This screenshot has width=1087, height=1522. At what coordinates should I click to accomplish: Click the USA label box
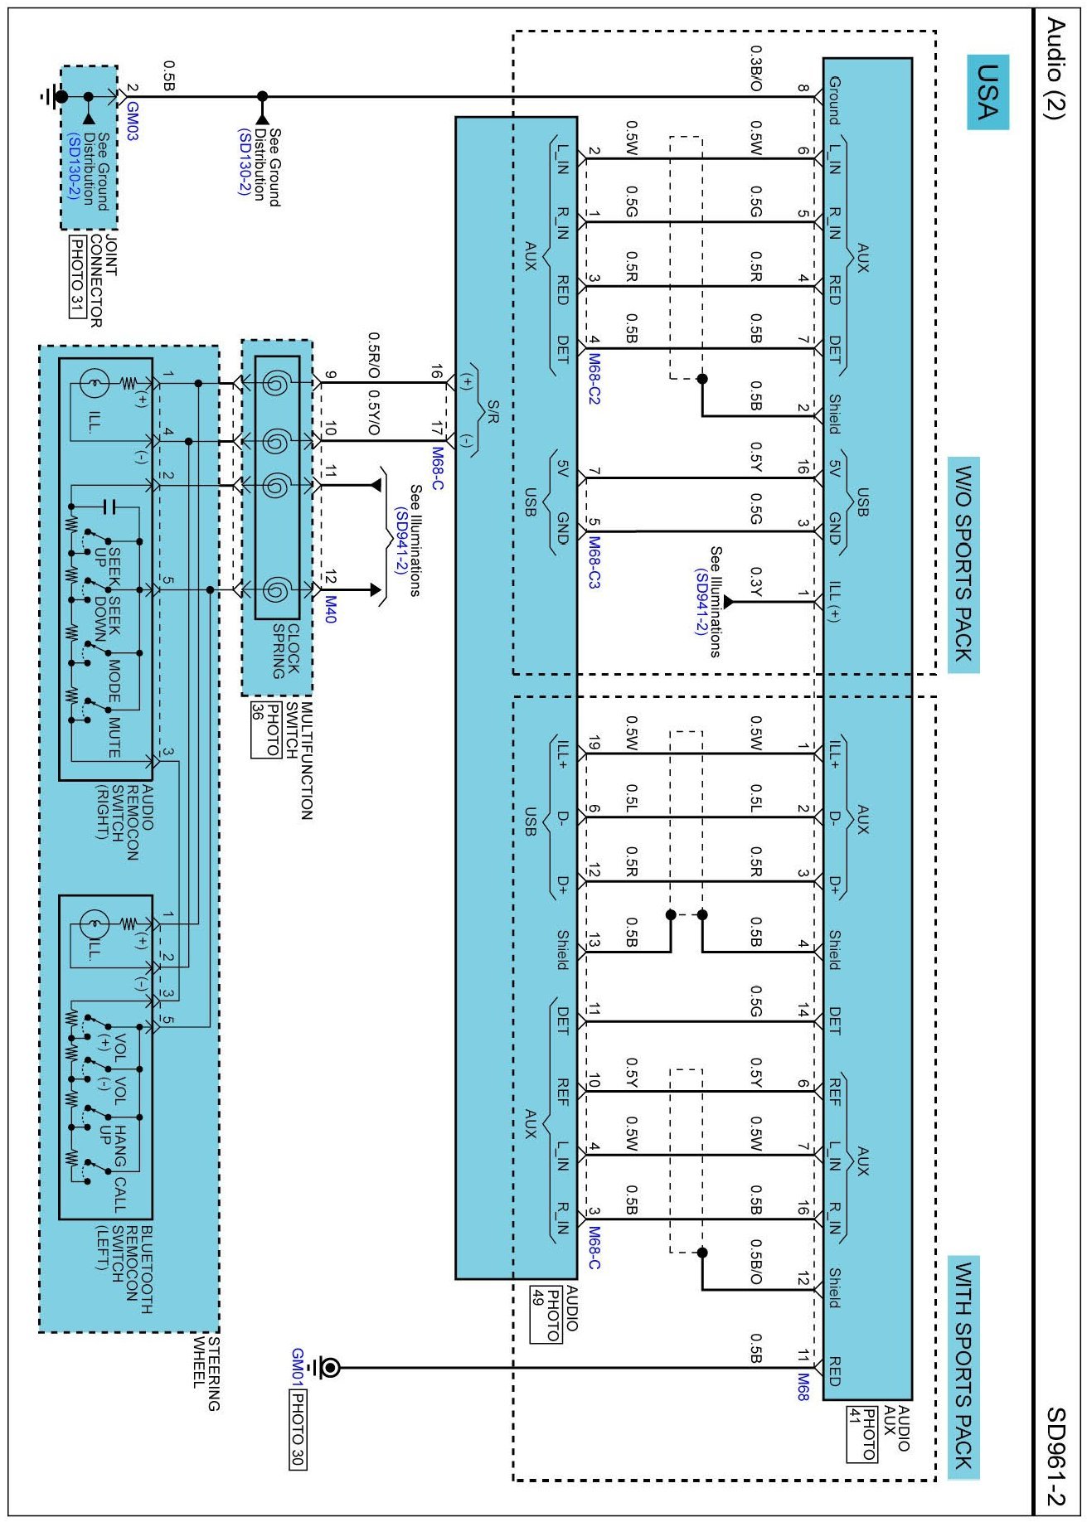988,91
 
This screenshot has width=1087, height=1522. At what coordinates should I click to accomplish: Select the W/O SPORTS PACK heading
963,565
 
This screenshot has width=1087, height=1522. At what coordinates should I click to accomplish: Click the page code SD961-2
1055,1456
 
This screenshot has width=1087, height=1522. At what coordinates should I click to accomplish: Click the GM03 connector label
133,121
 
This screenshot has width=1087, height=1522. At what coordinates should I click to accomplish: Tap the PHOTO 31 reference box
76,277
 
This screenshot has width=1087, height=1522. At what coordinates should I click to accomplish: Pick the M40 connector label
331,608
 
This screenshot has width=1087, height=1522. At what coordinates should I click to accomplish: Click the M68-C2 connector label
594,380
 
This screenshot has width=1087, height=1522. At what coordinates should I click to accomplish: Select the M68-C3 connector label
594,562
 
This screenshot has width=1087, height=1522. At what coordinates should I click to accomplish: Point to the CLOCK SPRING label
286,652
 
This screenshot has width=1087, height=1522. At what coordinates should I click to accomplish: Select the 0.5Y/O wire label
374,413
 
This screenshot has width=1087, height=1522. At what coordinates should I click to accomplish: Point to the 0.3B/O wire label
755,69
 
